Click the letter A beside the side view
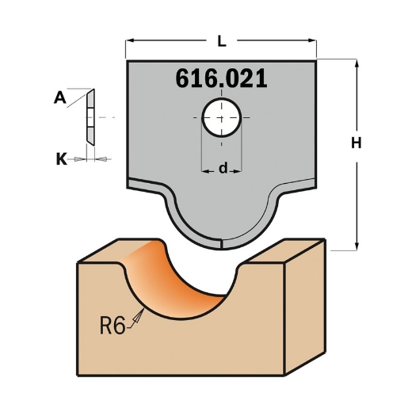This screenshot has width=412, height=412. pos(59,98)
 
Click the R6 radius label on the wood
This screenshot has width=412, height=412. pos(113,326)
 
